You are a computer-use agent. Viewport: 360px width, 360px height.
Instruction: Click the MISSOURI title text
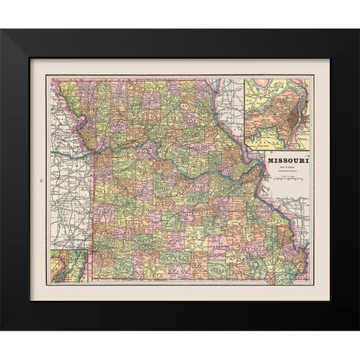pyautogui.click(x=287, y=159)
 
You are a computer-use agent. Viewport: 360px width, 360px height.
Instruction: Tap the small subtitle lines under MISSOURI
pyautogui.click(x=287, y=169)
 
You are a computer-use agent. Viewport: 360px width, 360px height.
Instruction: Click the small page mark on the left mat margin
pyautogui.click(x=39, y=179)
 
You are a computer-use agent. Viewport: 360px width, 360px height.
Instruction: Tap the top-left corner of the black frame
pyautogui.click(x=2, y=31)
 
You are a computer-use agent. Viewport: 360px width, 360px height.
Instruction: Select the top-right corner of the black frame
pyautogui.click(x=358, y=31)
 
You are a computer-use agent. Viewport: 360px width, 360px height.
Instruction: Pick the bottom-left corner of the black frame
pyautogui.click(x=2, y=328)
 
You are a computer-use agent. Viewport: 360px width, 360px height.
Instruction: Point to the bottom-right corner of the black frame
pyautogui.click(x=358, y=328)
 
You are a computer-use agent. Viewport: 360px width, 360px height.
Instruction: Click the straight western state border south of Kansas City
pyautogui.click(x=93, y=210)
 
